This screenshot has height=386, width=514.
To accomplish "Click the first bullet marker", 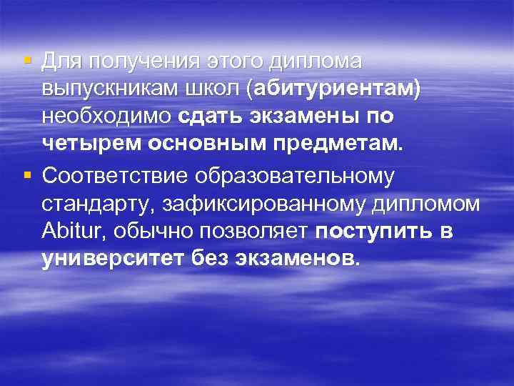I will tap(26, 59).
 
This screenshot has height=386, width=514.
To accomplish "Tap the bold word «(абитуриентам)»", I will tap(333, 89).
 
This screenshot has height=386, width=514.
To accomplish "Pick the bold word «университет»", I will tap(114, 257).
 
